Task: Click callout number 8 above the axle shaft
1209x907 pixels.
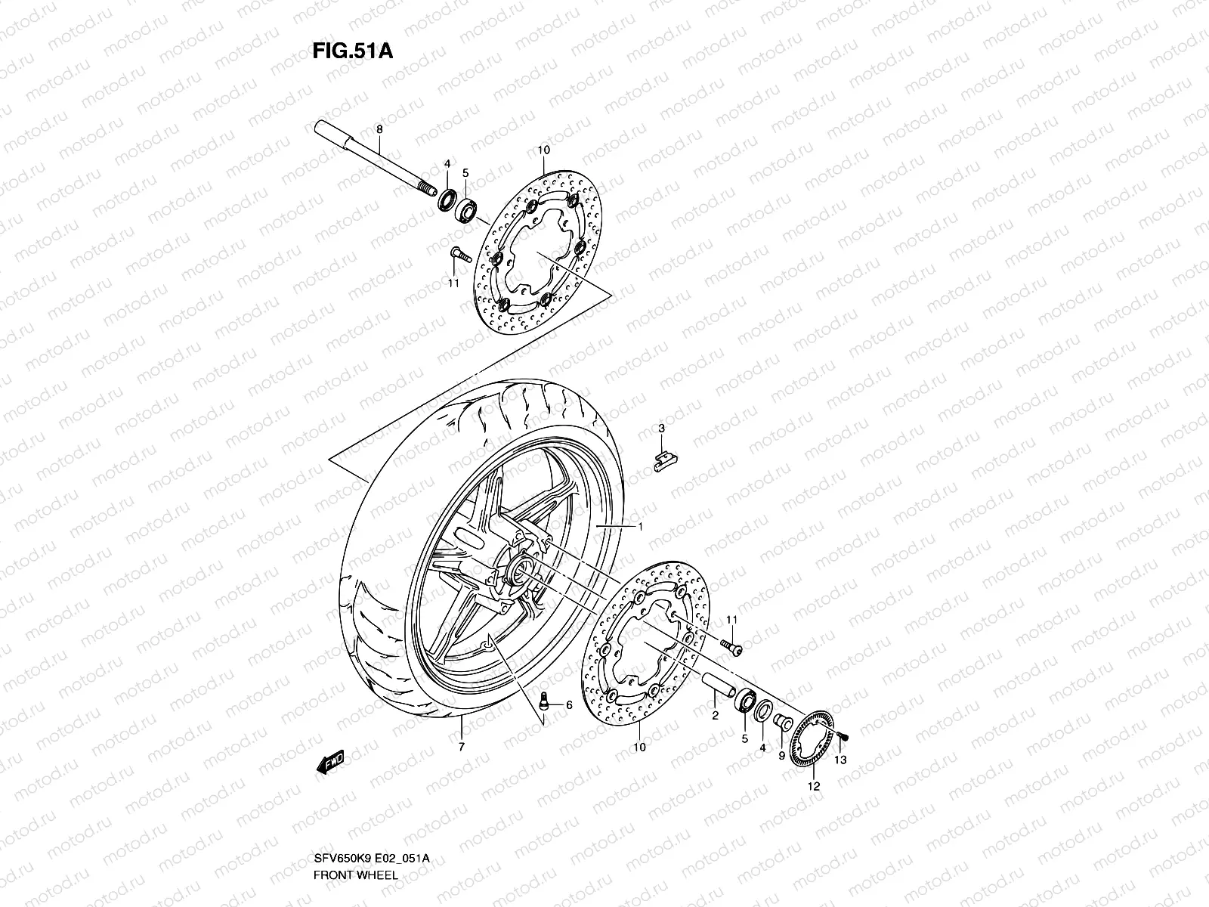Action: coord(400,130)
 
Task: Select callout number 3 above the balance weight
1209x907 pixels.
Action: coord(661,429)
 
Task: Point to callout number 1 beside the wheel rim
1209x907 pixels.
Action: coord(641,527)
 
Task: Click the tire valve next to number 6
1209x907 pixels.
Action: coord(542,703)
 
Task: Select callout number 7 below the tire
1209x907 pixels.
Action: coord(461,747)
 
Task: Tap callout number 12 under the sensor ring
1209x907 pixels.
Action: coord(812,786)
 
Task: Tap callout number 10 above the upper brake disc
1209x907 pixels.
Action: coord(543,150)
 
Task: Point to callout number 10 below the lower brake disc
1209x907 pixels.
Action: coord(639,747)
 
